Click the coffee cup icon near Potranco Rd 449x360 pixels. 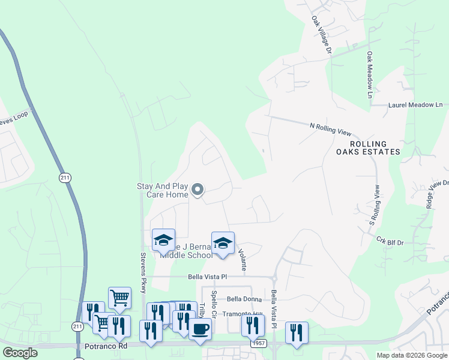(200, 329)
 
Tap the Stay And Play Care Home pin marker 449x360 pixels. (197, 191)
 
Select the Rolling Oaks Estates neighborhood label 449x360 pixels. (375, 148)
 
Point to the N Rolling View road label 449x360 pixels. (330, 129)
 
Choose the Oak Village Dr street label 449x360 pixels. (321, 35)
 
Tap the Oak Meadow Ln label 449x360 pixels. (370, 76)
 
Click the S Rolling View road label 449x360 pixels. (374, 205)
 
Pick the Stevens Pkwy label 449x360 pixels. (143, 275)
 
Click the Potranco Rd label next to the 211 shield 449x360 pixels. (106, 346)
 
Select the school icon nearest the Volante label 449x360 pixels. (223, 244)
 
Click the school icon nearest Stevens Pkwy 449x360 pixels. (163, 240)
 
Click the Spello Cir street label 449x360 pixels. (213, 304)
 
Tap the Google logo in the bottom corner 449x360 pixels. (20, 352)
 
